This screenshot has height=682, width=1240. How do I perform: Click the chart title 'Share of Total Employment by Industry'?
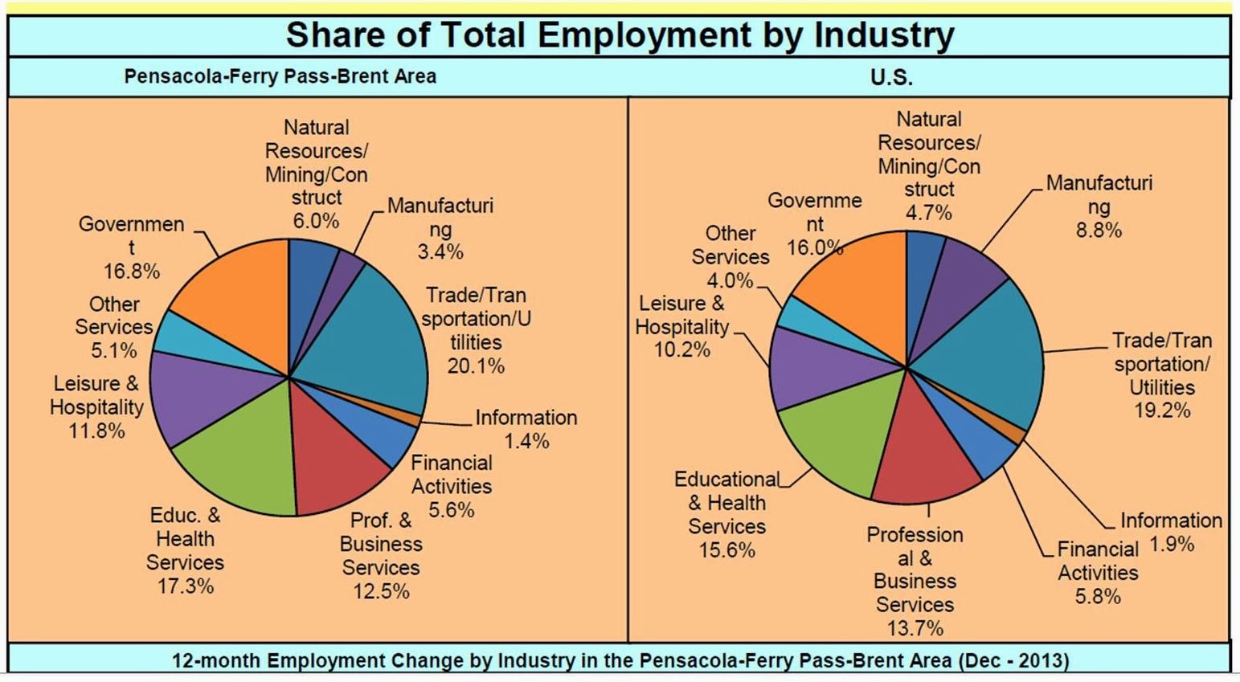pyautogui.click(x=620, y=35)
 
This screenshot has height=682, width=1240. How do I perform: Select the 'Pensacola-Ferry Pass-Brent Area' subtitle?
pyautogui.click(x=280, y=76)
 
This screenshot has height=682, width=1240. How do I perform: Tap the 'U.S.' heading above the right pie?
pyautogui.click(x=891, y=77)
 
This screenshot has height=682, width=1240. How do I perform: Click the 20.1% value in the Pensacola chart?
pyautogui.click(x=476, y=366)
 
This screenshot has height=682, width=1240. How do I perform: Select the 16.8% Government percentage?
pyautogui.click(x=132, y=272)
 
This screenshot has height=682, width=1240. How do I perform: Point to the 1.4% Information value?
pyautogui.click(x=526, y=441)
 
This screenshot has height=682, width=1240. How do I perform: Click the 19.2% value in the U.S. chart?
pyautogui.click(x=1162, y=410)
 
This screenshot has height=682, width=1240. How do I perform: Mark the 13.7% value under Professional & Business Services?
pyautogui.click(x=915, y=628)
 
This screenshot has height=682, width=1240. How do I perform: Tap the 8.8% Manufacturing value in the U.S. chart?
pyautogui.click(x=1099, y=230)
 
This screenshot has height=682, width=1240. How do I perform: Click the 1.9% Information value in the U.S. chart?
pyautogui.click(x=1172, y=545)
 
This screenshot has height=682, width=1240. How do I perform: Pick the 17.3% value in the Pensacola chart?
pyautogui.click(x=186, y=586)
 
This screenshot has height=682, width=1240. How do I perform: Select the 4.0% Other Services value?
pyautogui.click(x=730, y=281)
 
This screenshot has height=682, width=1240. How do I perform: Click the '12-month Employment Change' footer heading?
pyautogui.click(x=620, y=660)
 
